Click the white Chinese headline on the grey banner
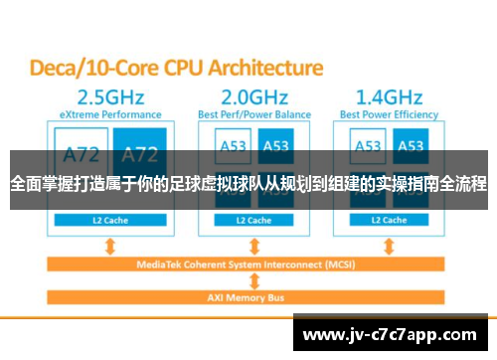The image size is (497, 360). click(248, 184)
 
